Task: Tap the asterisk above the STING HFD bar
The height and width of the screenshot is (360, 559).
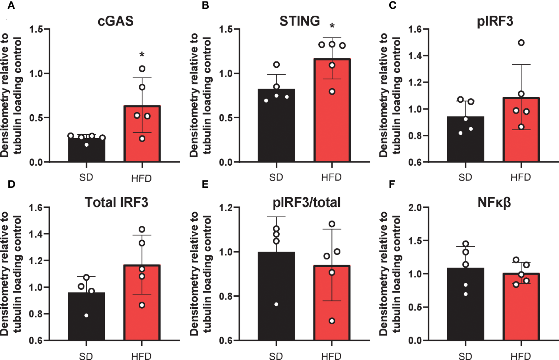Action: point(332,27)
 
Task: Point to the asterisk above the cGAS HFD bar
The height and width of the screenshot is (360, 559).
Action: point(142,55)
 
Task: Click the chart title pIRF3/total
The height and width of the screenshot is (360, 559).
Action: point(307,202)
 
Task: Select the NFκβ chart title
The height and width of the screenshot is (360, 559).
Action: point(494,202)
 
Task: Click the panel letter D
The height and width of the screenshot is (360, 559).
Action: point(11,184)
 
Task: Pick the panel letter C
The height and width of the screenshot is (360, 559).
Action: point(392,6)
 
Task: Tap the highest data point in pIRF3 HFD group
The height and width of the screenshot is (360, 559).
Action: point(521,43)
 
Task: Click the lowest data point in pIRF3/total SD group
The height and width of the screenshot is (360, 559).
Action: point(276,304)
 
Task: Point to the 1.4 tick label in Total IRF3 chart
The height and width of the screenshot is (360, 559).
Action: point(36,234)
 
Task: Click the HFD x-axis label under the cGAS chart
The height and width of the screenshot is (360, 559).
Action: point(141,178)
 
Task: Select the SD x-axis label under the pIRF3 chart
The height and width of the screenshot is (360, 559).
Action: point(465,178)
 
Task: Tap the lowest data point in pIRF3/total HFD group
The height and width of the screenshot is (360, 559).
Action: point(332,321)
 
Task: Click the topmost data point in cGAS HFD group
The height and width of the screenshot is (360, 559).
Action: point(142,69)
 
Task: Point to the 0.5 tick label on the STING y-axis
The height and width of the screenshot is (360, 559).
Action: point(226,118)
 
